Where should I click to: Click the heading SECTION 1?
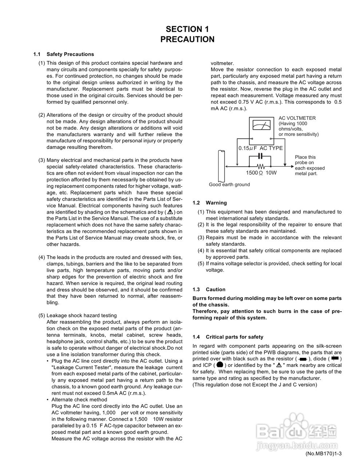(187, 29)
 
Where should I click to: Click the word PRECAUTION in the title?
(187, 39)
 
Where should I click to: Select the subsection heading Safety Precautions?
(70, 54)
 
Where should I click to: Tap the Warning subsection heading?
(216, 203)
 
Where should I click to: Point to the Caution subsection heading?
(215, 289)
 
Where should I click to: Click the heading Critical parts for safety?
(234, 337)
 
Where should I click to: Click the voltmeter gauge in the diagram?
(261, 127)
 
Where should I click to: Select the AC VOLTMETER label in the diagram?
(297, 118)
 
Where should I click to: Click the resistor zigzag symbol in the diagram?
(260, 166)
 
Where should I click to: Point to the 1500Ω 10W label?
(261, 173)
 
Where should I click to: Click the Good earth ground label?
(229, 185)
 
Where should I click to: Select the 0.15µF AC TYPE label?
(260, 148)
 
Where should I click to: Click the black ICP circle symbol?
(219, 365)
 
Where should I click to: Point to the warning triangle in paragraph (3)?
(170, 212)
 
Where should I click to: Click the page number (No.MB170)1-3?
(325, 454)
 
